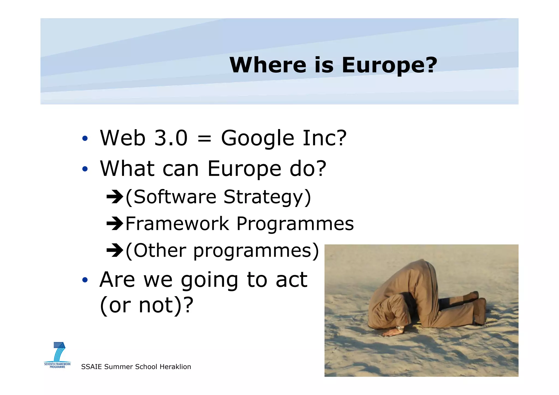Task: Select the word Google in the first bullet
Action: pos(257,138)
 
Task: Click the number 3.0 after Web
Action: pos(171,138)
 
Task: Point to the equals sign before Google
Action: pos(204,138)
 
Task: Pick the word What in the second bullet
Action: pos(127,168)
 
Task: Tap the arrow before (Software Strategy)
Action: pos(115,197)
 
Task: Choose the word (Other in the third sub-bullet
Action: pos(156,250)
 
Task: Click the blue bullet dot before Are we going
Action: pos(85,280)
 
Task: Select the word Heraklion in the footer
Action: pos(175,367)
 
